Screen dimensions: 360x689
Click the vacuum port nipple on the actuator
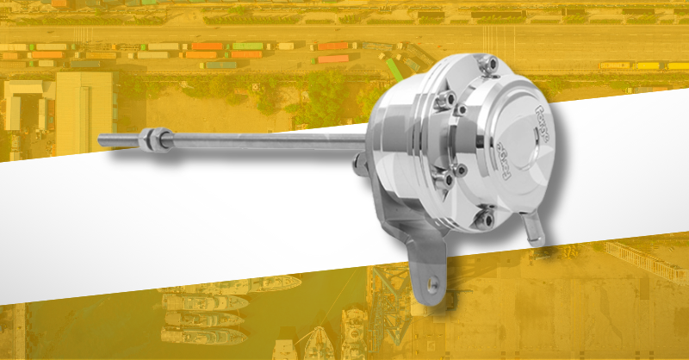tap(538, 229)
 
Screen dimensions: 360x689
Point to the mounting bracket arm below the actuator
tap(428, 258)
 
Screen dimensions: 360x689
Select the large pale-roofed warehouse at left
tap(84, 112)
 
